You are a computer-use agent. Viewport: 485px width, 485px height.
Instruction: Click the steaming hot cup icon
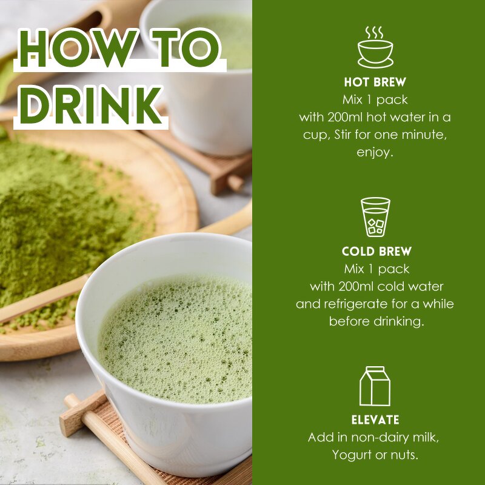375,47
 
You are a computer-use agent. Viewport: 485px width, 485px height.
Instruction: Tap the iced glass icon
375,216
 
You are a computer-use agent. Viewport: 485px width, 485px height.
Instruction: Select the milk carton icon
375,386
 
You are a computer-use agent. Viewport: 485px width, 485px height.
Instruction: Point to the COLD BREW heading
376,252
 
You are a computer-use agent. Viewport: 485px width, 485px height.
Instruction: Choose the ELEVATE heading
375,420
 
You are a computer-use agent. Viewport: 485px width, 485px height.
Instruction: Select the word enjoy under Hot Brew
375,152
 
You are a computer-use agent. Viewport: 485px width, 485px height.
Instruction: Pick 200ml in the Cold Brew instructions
356,286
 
